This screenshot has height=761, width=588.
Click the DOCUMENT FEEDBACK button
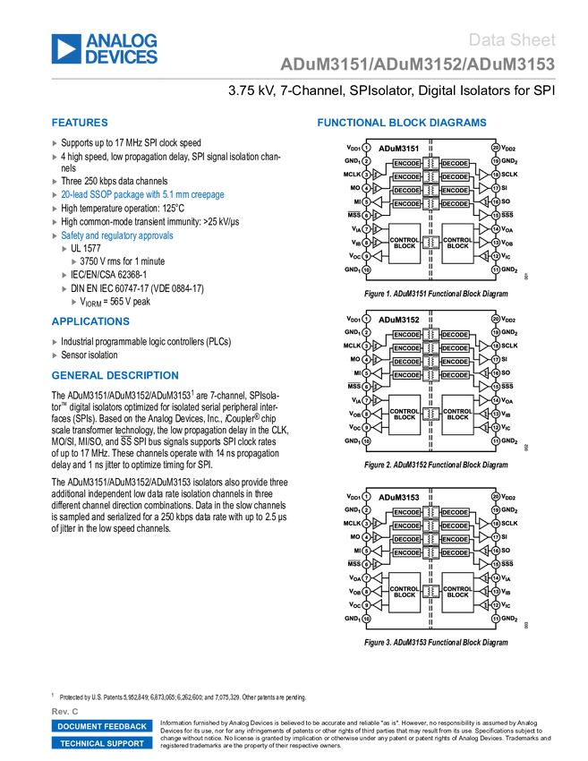102,726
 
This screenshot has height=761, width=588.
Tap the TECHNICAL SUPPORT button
102,743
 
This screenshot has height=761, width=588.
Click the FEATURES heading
80,123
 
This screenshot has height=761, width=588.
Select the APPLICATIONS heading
90,321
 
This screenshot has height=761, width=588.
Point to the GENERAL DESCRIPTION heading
115,375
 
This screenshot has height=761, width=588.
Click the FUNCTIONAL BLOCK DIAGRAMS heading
402,123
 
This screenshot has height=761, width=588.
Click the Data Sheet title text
513,39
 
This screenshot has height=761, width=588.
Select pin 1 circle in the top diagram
366,147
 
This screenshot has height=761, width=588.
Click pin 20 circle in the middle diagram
495,319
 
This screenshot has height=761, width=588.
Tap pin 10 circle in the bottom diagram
366,619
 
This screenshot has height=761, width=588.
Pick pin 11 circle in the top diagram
495,269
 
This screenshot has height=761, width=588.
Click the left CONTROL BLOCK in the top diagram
405,243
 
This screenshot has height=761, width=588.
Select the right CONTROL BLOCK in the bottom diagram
457,592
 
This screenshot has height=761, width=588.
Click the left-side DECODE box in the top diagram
406,191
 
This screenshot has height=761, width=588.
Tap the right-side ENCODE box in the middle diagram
456,375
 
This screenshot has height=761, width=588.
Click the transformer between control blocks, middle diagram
430,414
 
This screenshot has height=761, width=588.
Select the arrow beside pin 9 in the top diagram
377,256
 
